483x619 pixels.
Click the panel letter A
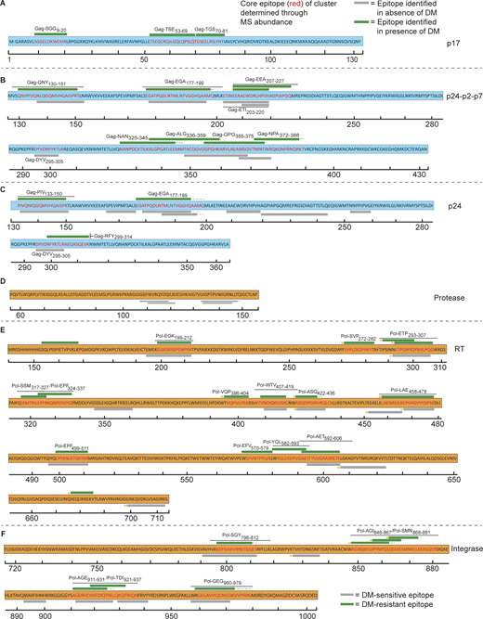pyautogui.click(x=5, y=5)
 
